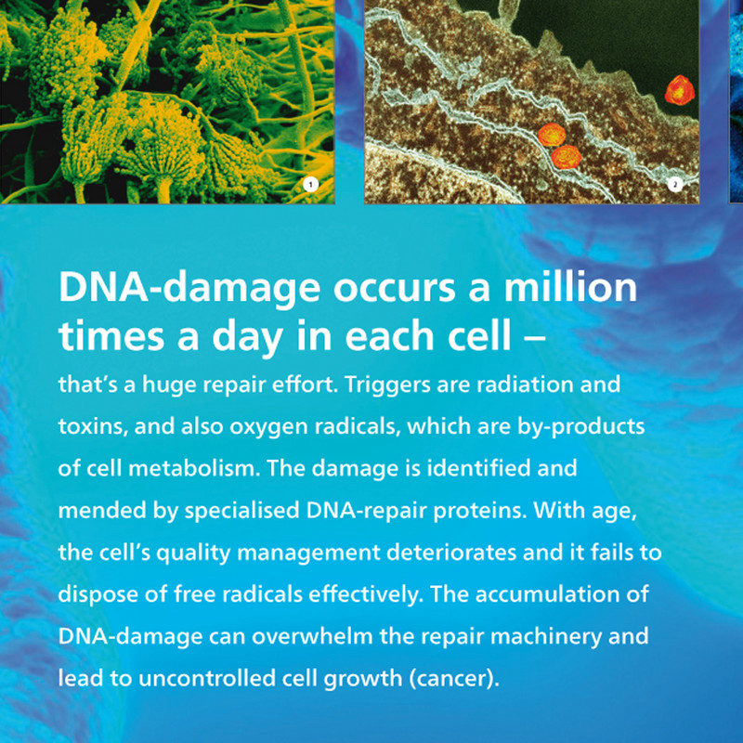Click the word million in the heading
[x=570, y=288]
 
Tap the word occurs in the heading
[x=394, y=290]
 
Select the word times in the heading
[x=111, y=336]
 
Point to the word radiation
[x=525, y=385]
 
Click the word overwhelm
[x=312, y=636]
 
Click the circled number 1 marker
[x=310, y=185]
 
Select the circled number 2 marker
[x=675, y=185]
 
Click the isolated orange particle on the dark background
[x=680, y=90]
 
